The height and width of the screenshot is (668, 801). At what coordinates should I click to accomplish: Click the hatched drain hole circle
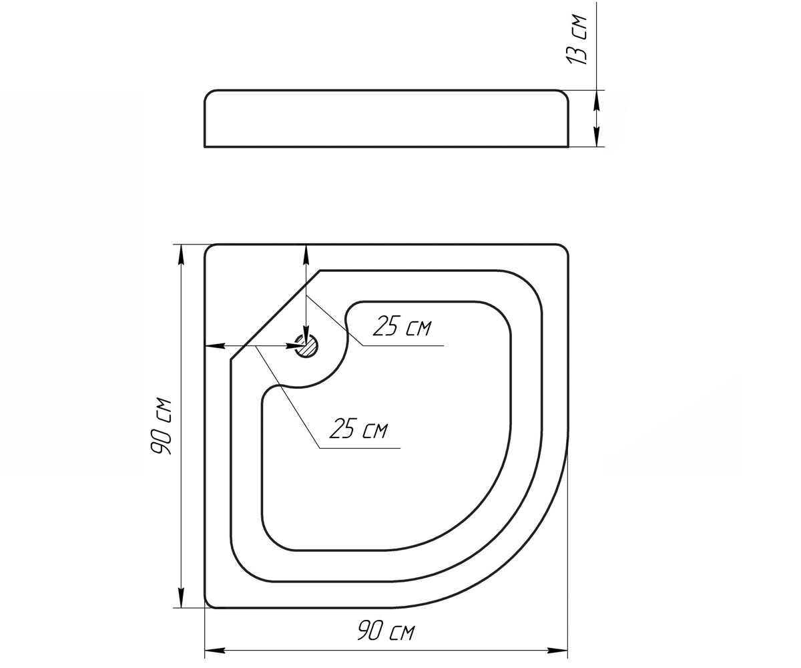tap(306, 346)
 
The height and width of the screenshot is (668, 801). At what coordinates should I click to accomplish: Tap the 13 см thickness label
tap(577, 40)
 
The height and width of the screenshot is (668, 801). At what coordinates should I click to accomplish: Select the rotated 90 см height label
tap(161, 426)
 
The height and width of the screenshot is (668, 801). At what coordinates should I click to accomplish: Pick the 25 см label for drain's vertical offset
tap(402, 327)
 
